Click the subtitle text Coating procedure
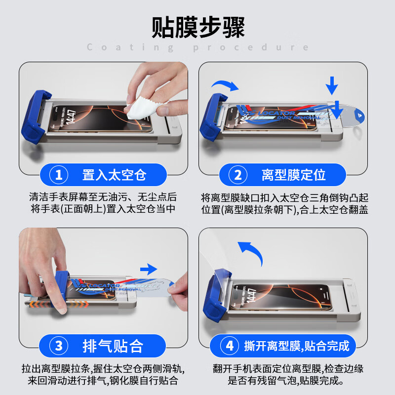pos(197,47)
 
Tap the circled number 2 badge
pos(238,175)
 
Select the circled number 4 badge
pos(230,346)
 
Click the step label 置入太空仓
pos(114,175)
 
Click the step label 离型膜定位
pos(293,175)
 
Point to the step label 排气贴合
pos(114,346)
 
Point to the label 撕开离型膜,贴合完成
pos(296,346)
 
